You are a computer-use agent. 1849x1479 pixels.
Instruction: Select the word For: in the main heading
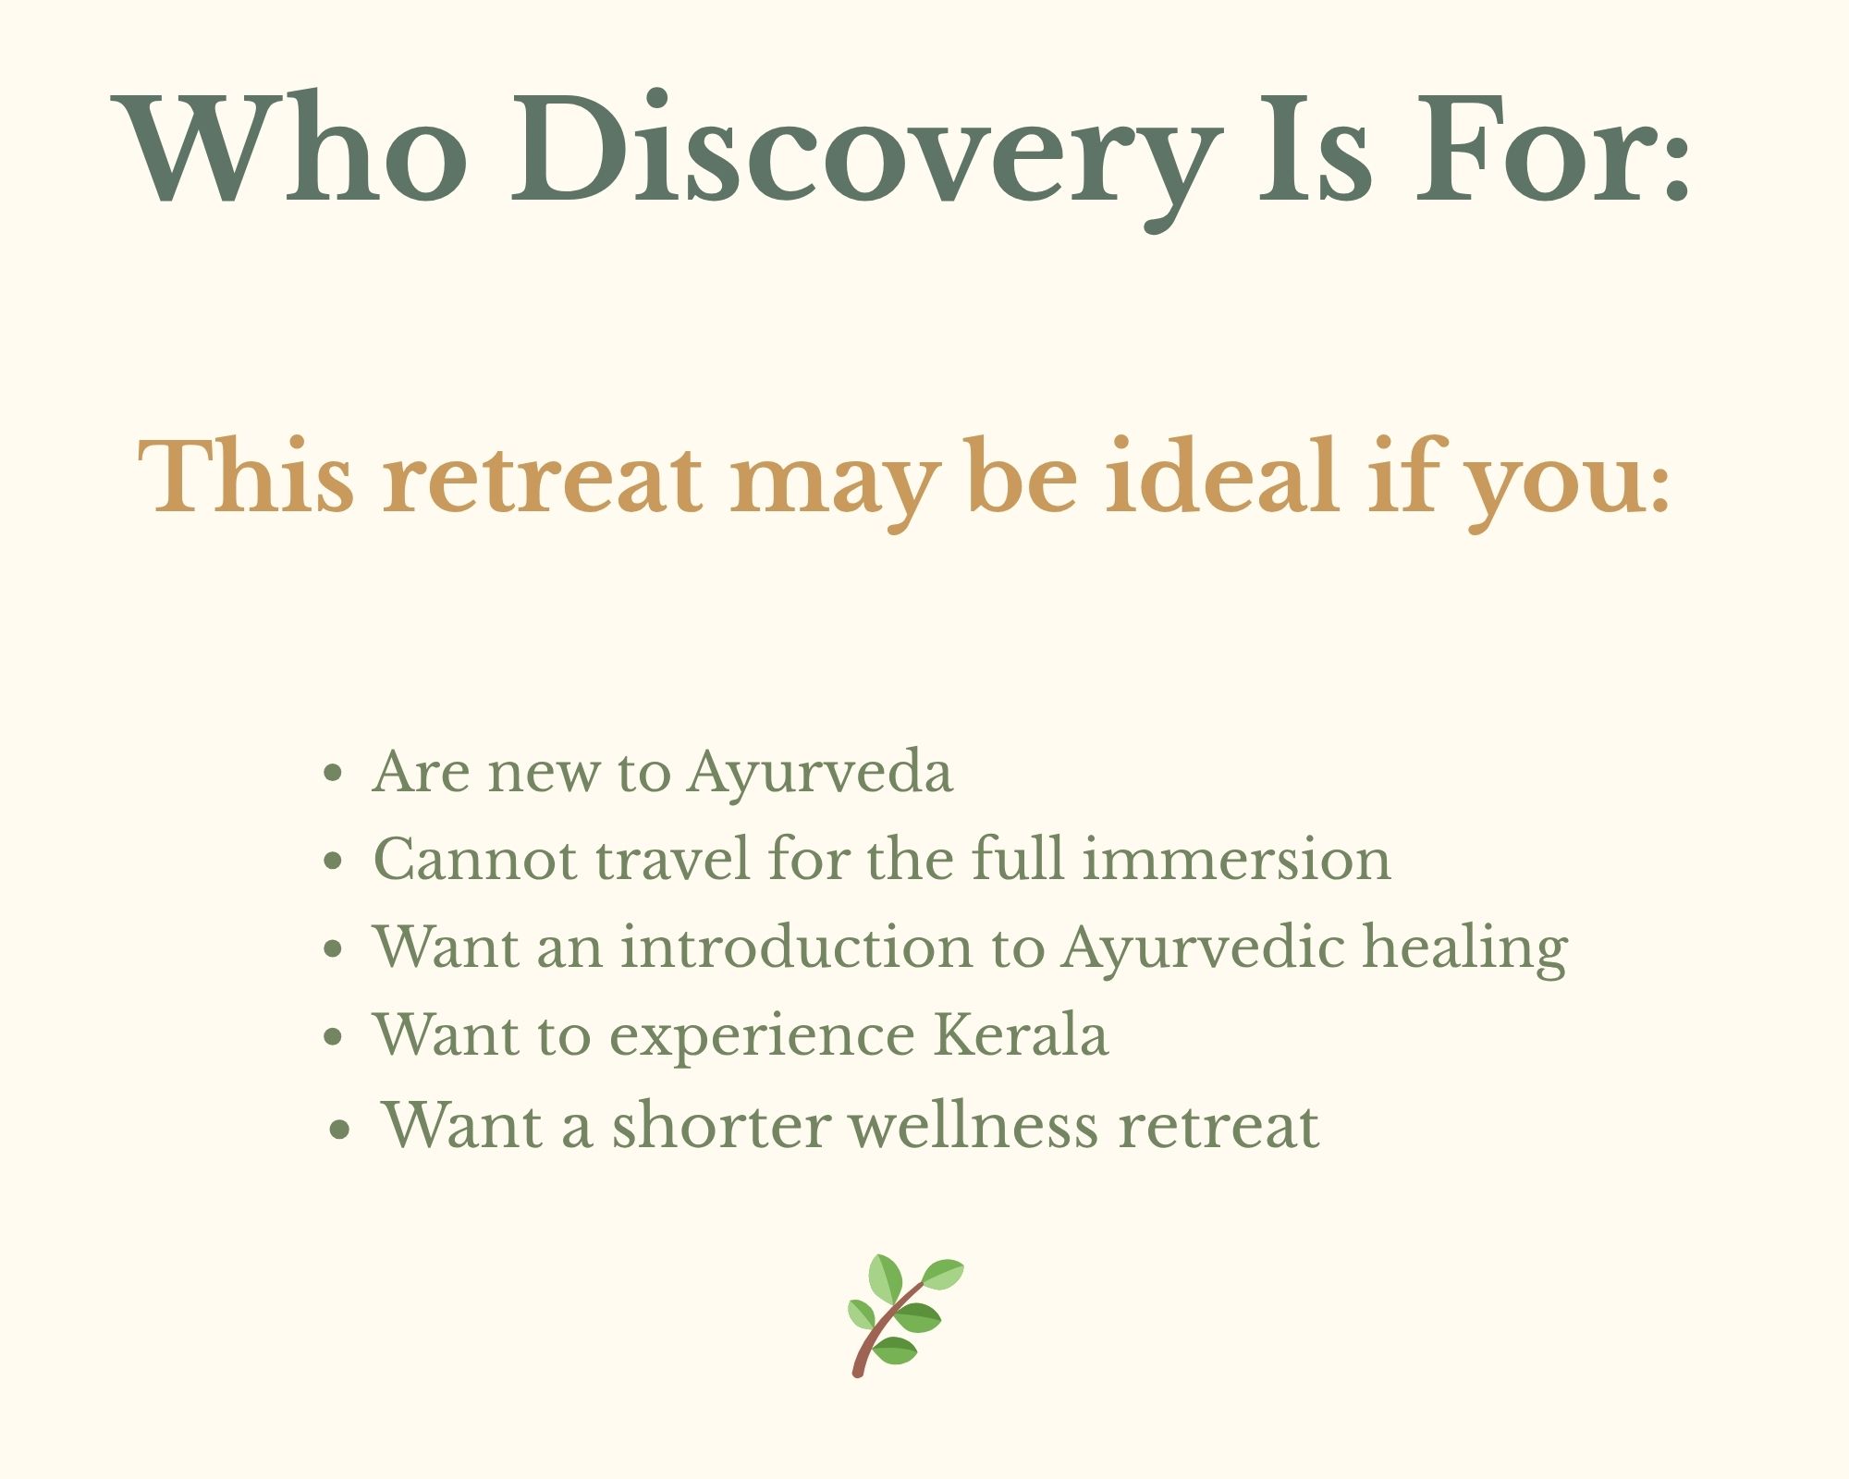tap(1554, 147)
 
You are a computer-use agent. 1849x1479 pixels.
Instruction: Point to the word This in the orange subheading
tap(246, 476)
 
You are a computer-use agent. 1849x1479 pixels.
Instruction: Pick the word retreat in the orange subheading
tap(543, 481)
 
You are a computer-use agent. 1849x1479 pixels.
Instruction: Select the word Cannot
tap(475, 860)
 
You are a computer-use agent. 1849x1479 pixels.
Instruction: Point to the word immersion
tap(1236, 860)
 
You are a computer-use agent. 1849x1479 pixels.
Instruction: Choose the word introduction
tap(796, 947)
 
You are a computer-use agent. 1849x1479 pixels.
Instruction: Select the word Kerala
tap(1021, 1034)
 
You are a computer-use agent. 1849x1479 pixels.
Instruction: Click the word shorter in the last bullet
tap(720, 1125)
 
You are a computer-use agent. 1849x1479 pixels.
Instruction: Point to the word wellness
tap(973, 1125)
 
